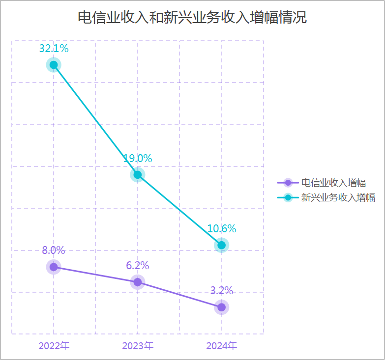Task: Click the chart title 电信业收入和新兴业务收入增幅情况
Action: pyautogui.click(x=192, y=18)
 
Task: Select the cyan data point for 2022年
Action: pyautogui.click(x=54, y=65)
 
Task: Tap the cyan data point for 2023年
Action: pyautogui.click(x=138, y=175)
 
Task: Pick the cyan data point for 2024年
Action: pyautogui.click(x=222, y=245)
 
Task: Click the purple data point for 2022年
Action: pyautogui.click(x=54, y=267)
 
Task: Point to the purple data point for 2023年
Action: pyautogui.click(x=138, y=282)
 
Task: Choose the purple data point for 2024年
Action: pyautogui.click(x=222, y=307)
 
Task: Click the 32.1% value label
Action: pyautogui.click(x=54, y=49)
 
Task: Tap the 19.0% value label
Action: pyautogui.click(x=138, y=159)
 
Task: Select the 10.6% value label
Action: pyautogui.click(x=222, y=229)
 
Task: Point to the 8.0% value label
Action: pyautogui.click(x=54, y=250)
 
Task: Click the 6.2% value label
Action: pyautogui.click(x=138, y=266)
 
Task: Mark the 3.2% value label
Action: pyautogui.click(x=222, y=290)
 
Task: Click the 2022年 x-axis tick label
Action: pyautogui.click(x=54, y=346)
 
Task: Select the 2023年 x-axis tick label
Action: pyautogui.click(x=138, y=346)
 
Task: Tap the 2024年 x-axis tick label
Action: pyautogui.click(x=222, y=346)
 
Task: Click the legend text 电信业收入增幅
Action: pyautogui.click(x=333, y=183)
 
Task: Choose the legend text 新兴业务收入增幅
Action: pyautogui.click(x=338, y=198)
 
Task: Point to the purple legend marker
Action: pyautogui.click(x=288, y=183)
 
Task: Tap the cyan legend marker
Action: pyautogui.click(x=288, y=198)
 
